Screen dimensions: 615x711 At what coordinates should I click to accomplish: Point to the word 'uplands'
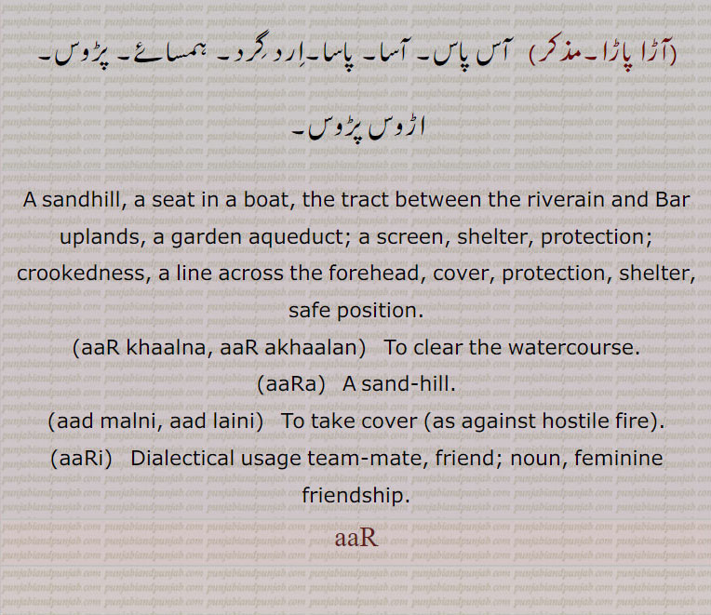(x=100, y=236)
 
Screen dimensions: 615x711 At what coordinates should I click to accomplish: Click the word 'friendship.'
(x=355, y=495)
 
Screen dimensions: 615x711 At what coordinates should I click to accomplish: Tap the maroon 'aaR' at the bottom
(x=355, y=538)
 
